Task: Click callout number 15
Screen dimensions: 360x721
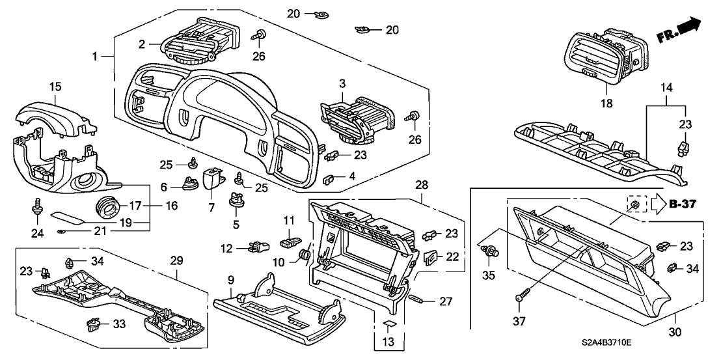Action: click(56, 86)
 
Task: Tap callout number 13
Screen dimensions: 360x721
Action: click(388, 341)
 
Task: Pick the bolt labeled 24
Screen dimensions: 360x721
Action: click(34, 207)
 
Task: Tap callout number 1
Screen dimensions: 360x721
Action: click(96, 57)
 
